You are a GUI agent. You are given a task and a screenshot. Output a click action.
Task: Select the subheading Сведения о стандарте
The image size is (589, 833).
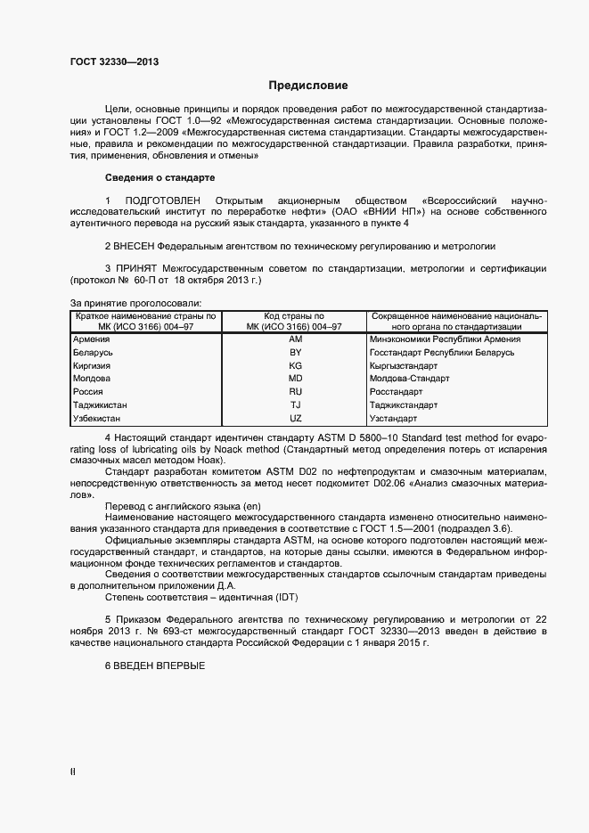(x=160, y=176)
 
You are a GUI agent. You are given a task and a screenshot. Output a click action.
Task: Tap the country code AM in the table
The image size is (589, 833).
(x=296, y=339)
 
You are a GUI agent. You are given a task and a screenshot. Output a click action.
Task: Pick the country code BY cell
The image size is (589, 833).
(x=296, y=353)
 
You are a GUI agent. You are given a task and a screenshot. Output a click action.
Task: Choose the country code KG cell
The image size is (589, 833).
(x=296, y=366)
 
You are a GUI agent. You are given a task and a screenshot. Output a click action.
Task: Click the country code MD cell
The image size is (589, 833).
(x=296, y=379)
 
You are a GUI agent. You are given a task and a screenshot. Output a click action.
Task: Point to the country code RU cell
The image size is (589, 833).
(x=296, y=392)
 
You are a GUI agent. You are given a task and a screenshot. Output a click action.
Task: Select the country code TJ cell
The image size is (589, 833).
(x=296, y=404)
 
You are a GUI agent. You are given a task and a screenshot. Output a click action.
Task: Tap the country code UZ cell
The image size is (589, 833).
(x=296, y=418)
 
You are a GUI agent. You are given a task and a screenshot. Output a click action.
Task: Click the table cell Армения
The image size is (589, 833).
(x=92, y=339)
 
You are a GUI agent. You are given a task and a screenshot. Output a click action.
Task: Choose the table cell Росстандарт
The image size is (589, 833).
(x=397, y=392)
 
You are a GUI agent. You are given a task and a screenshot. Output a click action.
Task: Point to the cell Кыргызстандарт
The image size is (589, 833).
(x=404, y=366)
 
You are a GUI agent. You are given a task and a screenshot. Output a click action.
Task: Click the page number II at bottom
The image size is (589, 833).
(x=72, y=772)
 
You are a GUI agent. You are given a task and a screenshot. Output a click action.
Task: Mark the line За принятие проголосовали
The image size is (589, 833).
(x=135, y=304)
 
